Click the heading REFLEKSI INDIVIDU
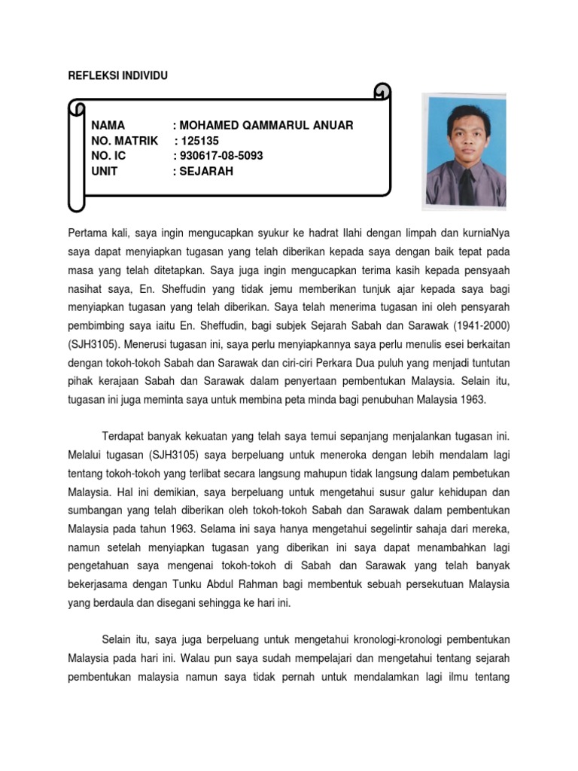pos(118,75)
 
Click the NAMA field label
pos(108,126)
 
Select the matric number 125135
pos(195,141)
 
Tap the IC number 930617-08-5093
pos(218,156)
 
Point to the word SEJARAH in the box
pos(206,171)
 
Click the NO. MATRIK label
pos(125,141)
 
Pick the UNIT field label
pos(105,171)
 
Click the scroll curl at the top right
pos(382,91)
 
